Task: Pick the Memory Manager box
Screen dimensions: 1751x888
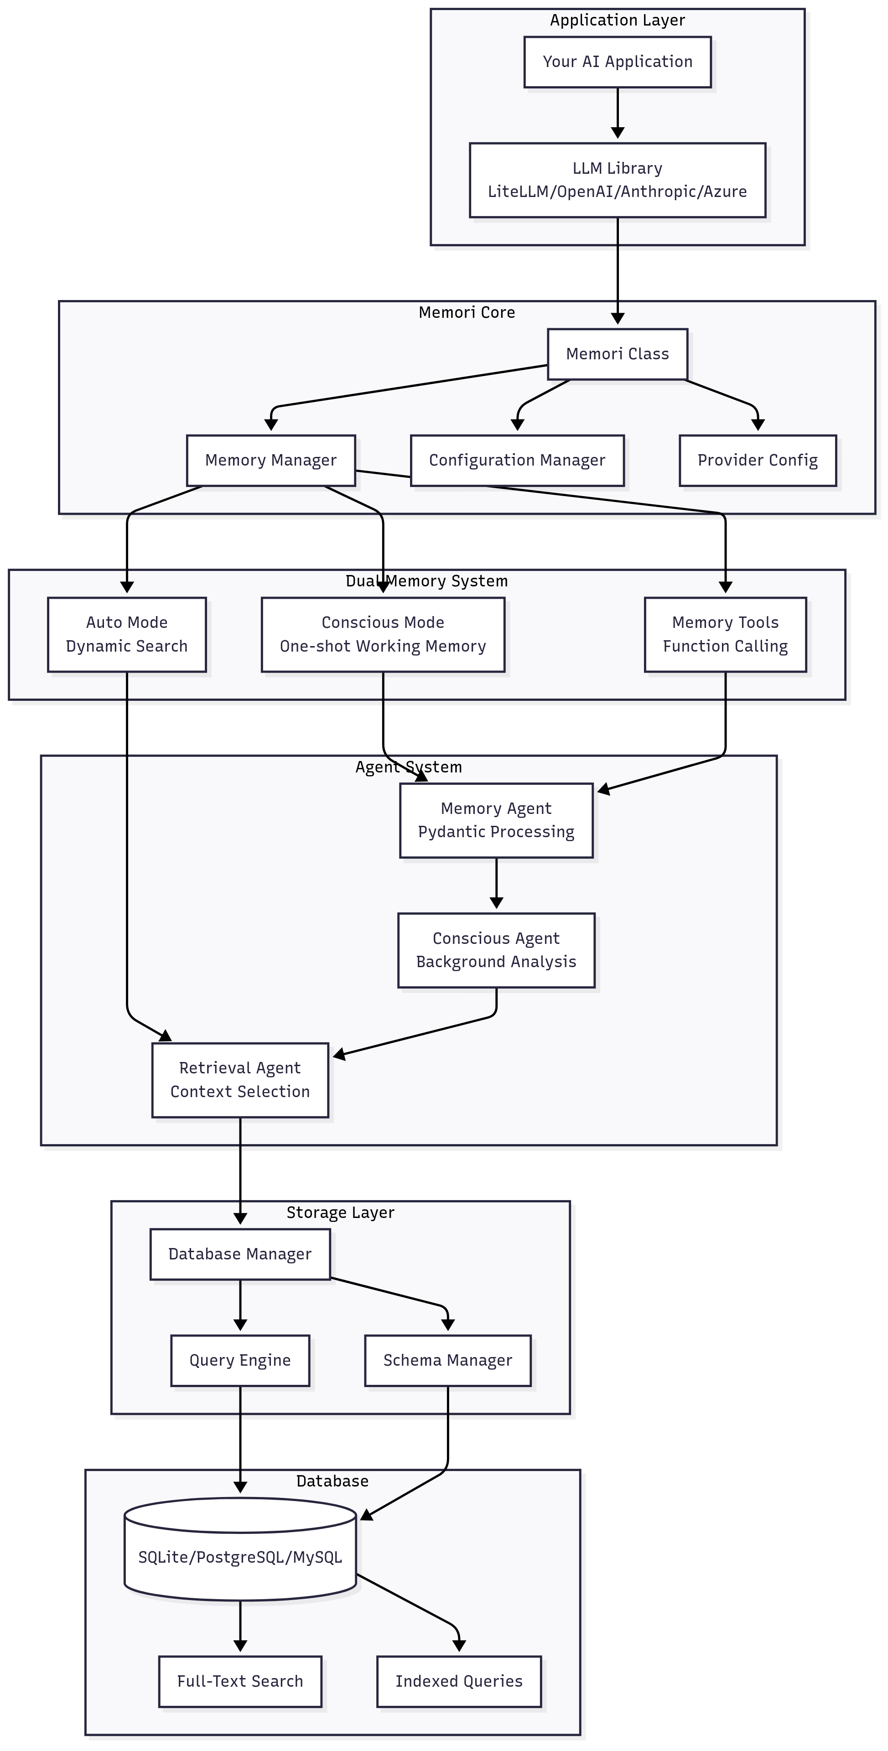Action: (270, 460)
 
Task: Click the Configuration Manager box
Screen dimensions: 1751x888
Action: (517, 460)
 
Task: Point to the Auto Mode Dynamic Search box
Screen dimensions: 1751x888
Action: (126, 634)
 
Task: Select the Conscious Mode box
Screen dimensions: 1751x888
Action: (383, 634)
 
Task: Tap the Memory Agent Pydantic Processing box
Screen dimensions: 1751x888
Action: (496, 820)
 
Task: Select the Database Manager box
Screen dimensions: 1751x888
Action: (240, 1254)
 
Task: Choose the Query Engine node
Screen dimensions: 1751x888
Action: (240, 1360)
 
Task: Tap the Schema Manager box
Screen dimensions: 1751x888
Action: (447, 1360)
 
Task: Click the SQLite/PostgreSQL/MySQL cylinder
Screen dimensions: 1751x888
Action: (240, 1557)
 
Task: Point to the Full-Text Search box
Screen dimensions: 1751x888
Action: (240, 1681)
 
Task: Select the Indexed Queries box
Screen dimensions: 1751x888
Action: (459, 1681)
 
